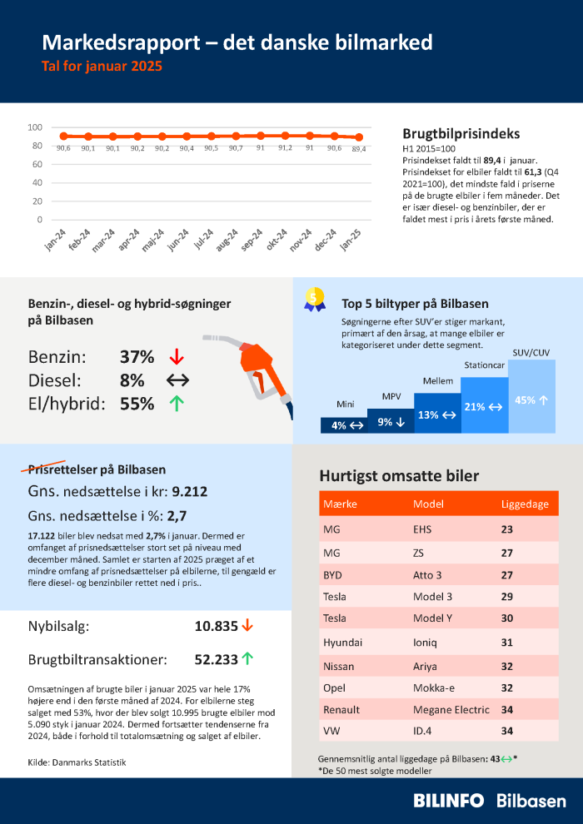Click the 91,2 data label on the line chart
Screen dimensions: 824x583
pyautogui.click(x=285, y=148)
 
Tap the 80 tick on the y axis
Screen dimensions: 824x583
pyautogui.click(x=36, y=146)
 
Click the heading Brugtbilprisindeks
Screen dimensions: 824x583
pyautogui.click(x=461, y=133)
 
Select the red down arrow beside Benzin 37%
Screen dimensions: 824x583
pyautogui.click(x=176, y=357)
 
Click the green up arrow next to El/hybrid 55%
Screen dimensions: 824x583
pyautogui.click(x=176, y=404)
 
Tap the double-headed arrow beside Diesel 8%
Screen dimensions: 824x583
pyautogui.click(x=177, y=380)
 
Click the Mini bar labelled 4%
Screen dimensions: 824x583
pyautogui.click(x=346, y=424)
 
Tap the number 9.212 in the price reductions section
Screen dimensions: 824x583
pyautogui.click(x=190, y=492)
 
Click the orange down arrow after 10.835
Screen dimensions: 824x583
pyautogui.click(x=247, y=625)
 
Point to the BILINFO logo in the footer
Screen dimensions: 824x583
pyautogui.click(x=449, y=800)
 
